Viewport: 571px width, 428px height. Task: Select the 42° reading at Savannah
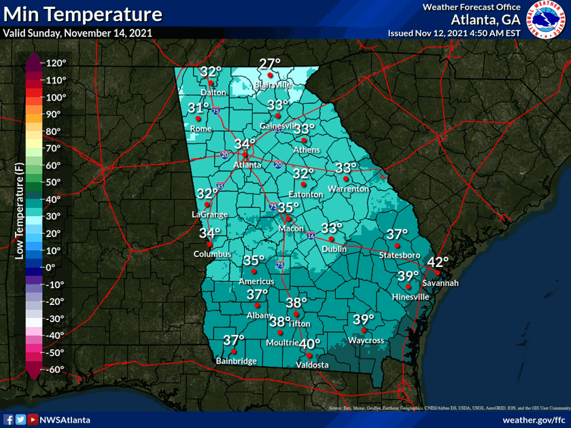click(438, 263)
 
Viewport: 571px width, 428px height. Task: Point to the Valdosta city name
click(312, 365)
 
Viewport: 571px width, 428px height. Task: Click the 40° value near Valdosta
click(310, 345)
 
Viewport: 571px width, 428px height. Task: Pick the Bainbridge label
click(236, 361)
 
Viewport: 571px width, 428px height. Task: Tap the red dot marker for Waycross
click(364, 330)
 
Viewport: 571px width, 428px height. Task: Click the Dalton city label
click(212, 92)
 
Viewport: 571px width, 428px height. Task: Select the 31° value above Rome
click(198, 108)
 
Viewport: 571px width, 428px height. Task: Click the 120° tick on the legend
click(56, 63)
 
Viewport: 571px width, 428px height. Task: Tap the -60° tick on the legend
click(56, 369)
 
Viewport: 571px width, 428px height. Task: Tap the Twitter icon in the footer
click(20, 420)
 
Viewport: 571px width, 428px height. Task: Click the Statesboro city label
click(400, 255)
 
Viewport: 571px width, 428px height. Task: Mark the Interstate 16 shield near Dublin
click(310, 236)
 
